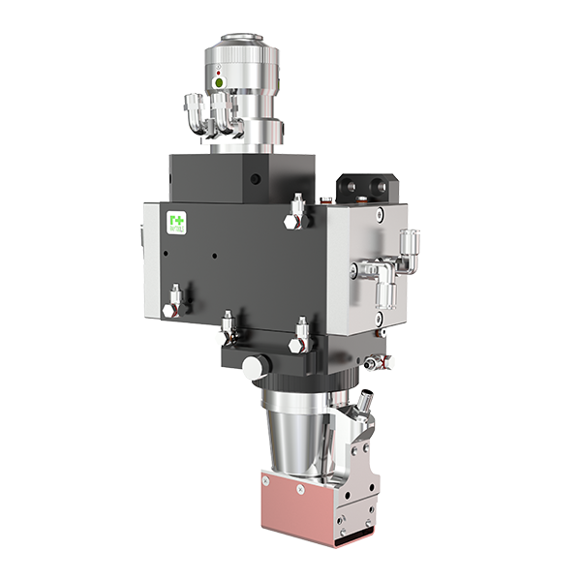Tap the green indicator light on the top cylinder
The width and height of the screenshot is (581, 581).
[220, 83]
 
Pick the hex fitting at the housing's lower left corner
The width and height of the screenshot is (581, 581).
[174, 303]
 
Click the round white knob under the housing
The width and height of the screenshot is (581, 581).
[254, 368]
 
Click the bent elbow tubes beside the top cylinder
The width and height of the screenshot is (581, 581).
[213, 114]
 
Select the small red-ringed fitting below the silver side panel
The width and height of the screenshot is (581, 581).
[374, 361]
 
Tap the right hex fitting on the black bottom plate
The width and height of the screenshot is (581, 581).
[301, 331]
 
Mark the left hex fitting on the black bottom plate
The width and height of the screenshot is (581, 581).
[229, 325]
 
